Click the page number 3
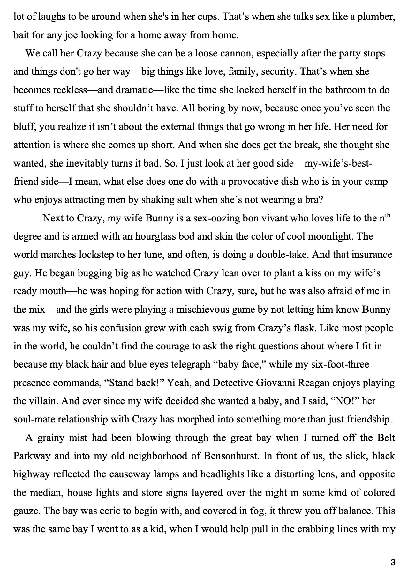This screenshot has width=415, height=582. click(393, 563)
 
